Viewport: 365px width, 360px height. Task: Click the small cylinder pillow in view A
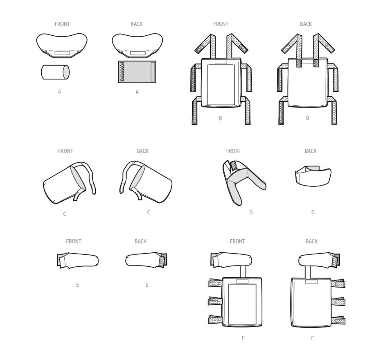click(x=55, y=72)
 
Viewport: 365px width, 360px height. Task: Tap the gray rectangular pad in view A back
click(x=137, y=72)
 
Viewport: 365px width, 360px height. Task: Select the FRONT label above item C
click(x=66, y=151)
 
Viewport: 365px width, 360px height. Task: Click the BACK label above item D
click(x=311, y=151)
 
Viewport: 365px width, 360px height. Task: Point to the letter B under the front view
click(x=220, y=118)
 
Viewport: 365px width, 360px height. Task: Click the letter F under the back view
click(x=313, y=338)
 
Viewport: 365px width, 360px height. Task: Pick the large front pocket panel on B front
click(x=221, y=85)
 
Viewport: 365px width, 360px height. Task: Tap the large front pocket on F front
click(x=242, y=304)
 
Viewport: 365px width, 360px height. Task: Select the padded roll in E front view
click(x=78, y=261)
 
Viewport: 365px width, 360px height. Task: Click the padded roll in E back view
click(x=146, y=260)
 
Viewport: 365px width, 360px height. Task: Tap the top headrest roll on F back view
click(x=319, y=260)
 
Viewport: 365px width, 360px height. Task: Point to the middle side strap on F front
click(x=216, y=301)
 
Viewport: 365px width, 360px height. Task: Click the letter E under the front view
click(x=77, y=285)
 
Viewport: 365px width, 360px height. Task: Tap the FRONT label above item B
click(x=221, y=24)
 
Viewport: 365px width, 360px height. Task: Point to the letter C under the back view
click(x=149, y=213)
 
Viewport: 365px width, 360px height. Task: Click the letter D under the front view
click(x=251, y=213)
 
